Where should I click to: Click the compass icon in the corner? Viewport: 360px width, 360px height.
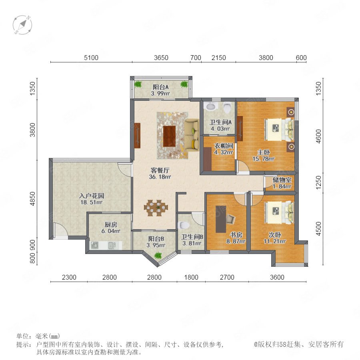click(22, 25)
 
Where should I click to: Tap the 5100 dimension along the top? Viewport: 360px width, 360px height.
click(91, 58)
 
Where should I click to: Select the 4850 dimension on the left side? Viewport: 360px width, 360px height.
click(33, 199)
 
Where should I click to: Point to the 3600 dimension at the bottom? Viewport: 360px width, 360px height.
click(277, 277)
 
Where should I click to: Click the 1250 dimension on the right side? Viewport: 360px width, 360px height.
click(319, 182)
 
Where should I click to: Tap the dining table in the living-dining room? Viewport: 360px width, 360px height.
click(156, 208)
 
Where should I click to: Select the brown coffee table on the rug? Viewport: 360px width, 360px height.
click(169, 136)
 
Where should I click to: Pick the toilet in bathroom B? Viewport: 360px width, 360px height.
click(184, 225)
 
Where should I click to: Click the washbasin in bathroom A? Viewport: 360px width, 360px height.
click(211, 106)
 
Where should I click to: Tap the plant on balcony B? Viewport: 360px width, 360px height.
click(158, 255)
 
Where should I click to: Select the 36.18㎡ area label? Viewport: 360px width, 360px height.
click(160, 177)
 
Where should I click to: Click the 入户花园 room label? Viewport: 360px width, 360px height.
click(92, 196)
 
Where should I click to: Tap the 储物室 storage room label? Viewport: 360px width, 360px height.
click(282, 180)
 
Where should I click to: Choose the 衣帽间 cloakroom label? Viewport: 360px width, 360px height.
click(224, 146)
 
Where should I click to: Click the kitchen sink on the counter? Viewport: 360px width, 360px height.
click(112, 245)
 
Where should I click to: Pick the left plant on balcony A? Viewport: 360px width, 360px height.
click(138, 84)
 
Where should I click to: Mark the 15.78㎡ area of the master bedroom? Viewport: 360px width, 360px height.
click(264, 159)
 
